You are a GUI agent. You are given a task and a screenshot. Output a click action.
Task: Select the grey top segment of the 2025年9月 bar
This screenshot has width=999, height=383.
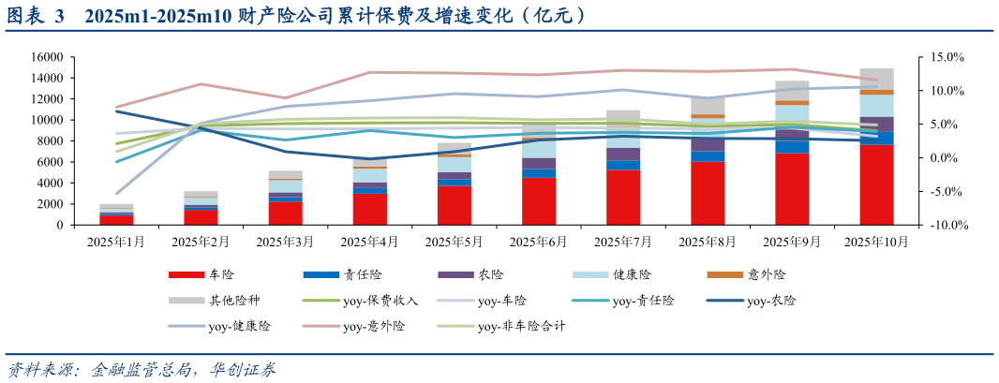(792, 90)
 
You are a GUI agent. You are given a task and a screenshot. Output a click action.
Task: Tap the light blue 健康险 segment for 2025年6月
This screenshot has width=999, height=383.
(539, 147)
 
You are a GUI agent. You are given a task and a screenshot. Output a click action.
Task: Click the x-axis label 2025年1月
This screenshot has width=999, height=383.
(116, 243)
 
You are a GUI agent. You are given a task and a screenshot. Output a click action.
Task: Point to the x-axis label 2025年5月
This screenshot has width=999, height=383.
(455, 243)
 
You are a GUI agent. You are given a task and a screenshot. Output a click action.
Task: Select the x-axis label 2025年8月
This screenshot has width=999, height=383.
(708, 243)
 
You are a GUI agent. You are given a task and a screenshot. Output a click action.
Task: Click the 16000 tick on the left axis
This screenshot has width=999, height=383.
(46, 57)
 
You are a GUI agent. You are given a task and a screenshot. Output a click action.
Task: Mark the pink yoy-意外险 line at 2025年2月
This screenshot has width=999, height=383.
(201, 84)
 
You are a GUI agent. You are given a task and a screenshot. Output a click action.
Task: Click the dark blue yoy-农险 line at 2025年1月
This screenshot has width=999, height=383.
(116, 111)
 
